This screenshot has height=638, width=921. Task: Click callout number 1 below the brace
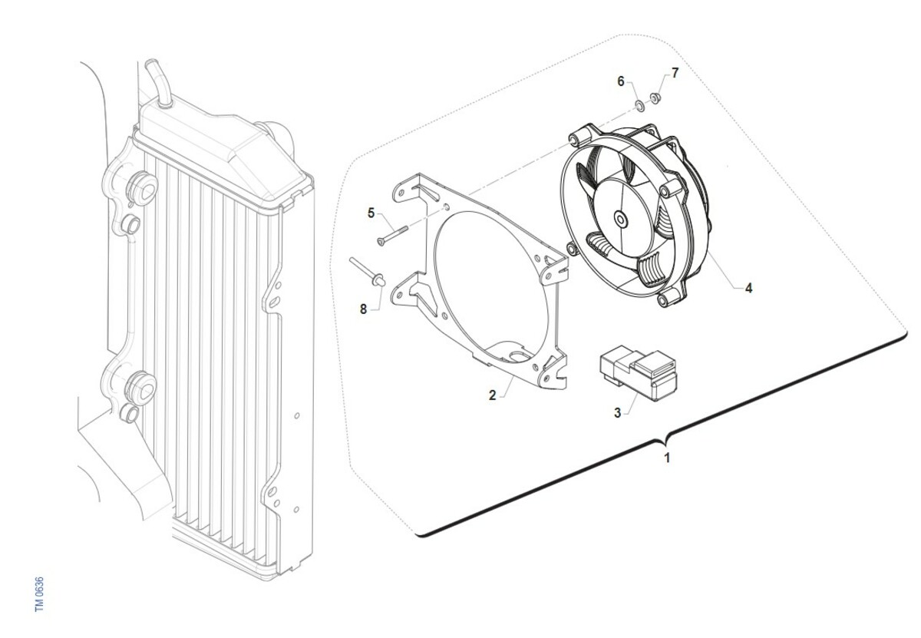667,458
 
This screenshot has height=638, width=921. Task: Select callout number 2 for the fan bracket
493,395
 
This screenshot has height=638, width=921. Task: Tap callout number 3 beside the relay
617,412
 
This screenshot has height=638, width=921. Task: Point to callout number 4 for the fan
749,289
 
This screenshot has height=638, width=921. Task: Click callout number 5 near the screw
371,213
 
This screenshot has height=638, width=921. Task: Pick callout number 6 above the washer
621,81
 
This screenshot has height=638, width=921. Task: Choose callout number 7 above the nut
675,73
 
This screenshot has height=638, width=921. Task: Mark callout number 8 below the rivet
363,309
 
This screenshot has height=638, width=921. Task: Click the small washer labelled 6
639,106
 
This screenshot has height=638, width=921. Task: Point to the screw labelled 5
392,236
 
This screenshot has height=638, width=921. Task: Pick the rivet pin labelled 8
368,273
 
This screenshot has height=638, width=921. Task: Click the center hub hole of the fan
620,219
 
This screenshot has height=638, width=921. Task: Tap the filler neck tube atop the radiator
159,83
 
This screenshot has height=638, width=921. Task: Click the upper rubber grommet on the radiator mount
143,189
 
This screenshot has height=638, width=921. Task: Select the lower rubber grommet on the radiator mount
142,388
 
